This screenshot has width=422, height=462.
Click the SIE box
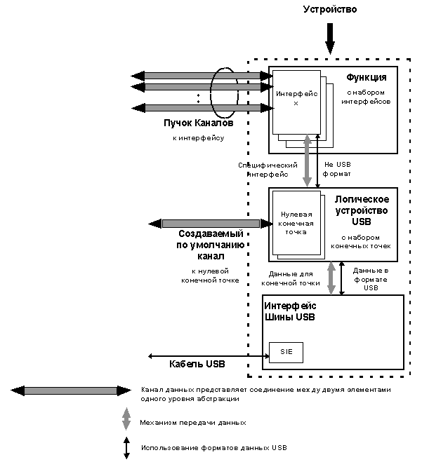286,352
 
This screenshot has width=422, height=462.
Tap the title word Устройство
330,9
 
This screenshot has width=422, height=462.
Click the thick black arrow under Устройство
330,39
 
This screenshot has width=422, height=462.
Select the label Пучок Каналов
198,123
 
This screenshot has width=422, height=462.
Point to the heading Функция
367,78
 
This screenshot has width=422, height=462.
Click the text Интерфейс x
296,98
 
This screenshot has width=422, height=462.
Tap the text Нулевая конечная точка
296,223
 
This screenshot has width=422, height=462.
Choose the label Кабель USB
197,364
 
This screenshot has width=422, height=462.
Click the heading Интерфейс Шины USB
290,311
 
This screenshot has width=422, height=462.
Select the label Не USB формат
337,169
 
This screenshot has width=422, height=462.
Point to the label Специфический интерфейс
268,170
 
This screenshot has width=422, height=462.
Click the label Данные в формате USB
371,279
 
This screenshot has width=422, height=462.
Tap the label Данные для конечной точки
291,278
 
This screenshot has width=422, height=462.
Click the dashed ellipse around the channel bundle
211,93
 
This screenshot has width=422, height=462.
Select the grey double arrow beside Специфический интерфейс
308,161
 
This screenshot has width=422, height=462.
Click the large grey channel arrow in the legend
71,390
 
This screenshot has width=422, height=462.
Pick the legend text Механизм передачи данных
193,423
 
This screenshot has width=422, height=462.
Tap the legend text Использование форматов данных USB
214,448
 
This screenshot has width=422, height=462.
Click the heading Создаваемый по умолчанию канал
211,245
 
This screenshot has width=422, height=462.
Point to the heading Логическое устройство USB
362,210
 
